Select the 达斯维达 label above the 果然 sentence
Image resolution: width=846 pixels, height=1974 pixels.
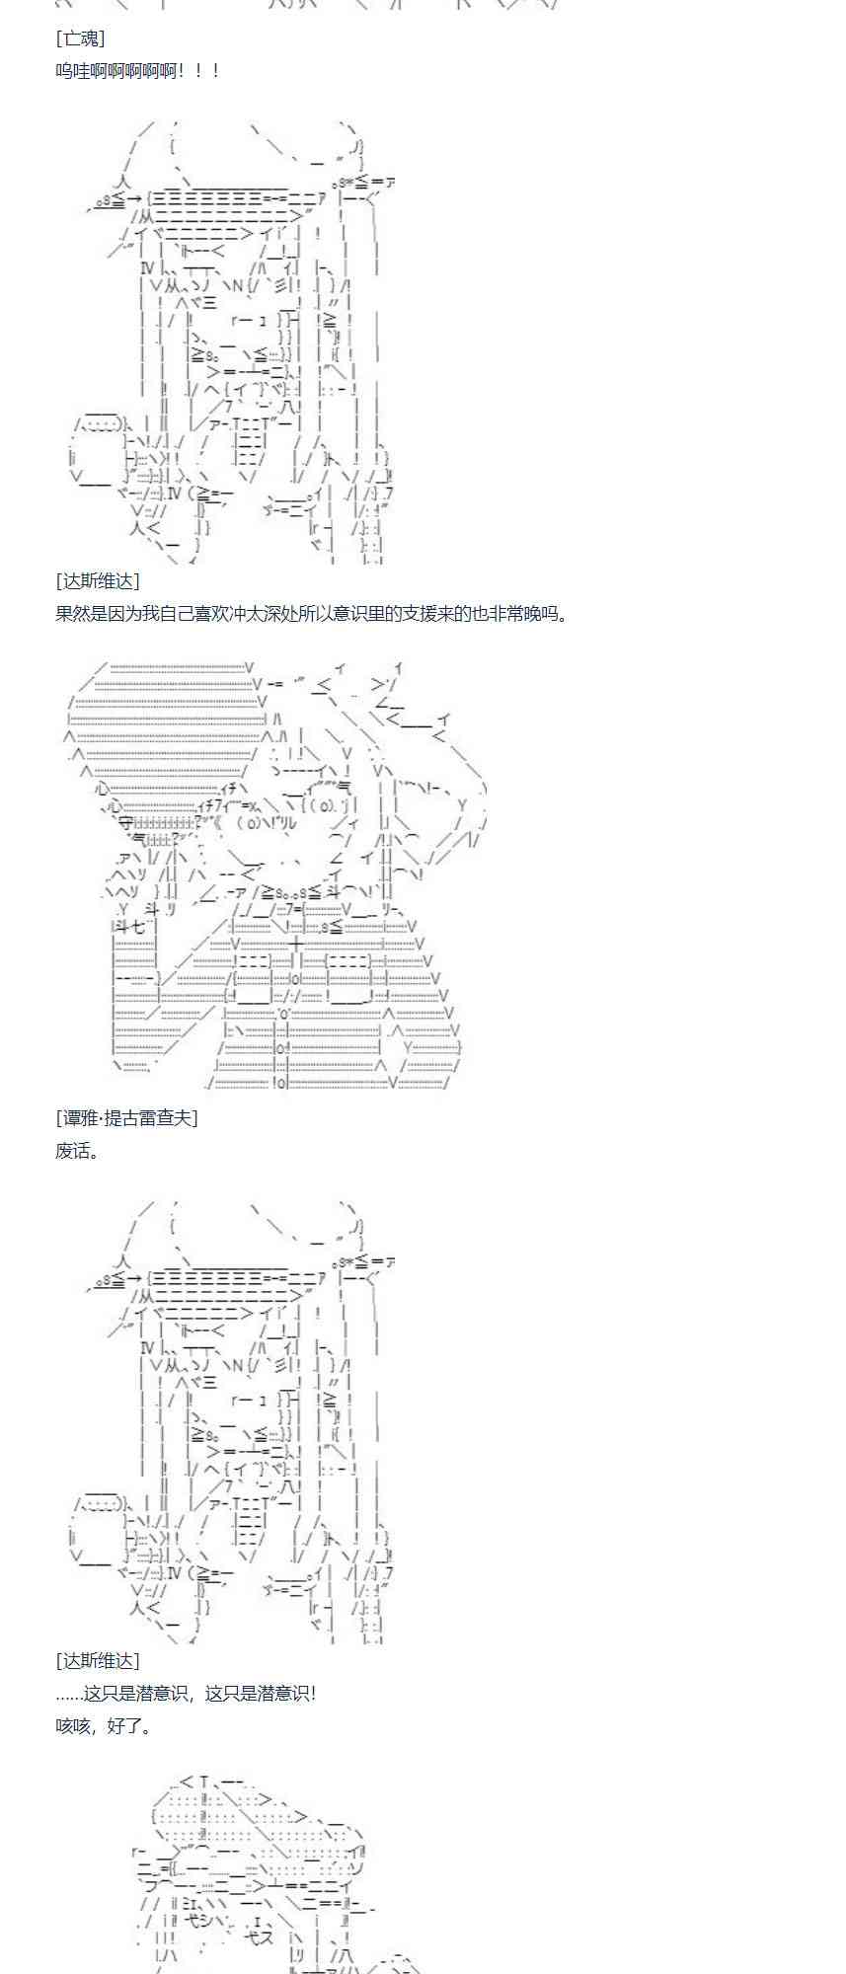click(x=98, y=581)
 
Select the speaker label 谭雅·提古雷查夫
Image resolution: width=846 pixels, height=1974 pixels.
click(x=126, y=1117)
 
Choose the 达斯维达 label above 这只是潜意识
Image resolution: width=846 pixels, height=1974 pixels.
click(x=98, y=1660)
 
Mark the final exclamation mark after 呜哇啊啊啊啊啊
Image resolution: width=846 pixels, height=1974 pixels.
click(x=215, y=71)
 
